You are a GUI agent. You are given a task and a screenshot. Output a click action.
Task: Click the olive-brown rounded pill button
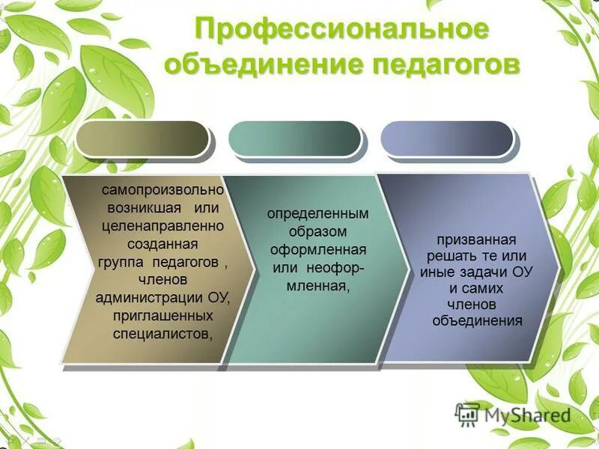(142, 138)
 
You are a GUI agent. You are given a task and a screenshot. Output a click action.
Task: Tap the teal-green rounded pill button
(294, 138)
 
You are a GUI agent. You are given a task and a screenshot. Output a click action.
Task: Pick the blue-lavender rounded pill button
(446, 138)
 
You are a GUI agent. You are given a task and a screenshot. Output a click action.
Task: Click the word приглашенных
(163, 316)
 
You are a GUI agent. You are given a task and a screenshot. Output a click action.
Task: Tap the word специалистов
(162, 334)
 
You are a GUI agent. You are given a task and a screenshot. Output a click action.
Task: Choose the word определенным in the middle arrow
(317, 214)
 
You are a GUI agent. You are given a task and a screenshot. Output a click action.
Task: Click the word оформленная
(318, 250)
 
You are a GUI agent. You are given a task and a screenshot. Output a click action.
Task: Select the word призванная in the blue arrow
(477, 239)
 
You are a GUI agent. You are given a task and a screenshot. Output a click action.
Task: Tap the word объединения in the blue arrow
(477, 321)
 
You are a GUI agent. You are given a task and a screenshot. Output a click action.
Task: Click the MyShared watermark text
(527, 414)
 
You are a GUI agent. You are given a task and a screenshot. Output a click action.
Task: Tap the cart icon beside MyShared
(467, 412)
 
